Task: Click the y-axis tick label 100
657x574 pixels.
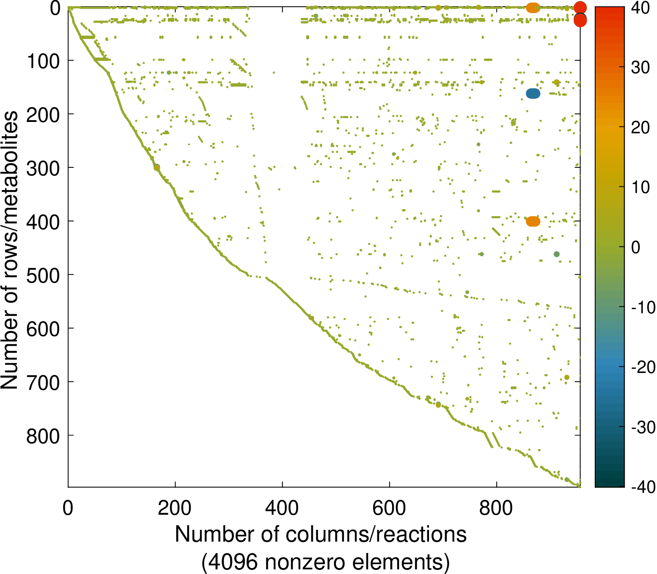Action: click(x=43, y=62)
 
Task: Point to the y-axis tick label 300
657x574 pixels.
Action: click(x=43, y=169)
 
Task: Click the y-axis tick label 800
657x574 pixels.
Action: click(x=43, y=436)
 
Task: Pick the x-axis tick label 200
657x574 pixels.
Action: click(x=175, y=508)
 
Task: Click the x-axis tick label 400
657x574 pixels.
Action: click(x=282, y=508)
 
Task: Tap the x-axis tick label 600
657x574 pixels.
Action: click(x=389, y=508)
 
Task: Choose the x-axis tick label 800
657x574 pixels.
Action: click(x=497, y=508)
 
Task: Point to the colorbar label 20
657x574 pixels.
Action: click(x=640, y=128)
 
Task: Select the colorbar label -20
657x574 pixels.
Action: click(x=643, y=367)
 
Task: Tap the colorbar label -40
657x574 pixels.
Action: click(x=643, y=487)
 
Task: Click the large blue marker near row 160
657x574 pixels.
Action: click(x=533, y=94)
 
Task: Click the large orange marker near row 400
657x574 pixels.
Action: click(x=533, y=221)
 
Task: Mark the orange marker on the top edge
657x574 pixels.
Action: click(x=533, y=8)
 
